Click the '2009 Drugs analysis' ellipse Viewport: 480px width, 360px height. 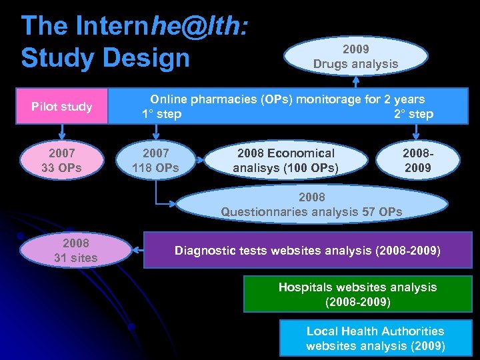click(x=355, y=57)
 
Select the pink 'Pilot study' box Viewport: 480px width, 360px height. click(x=62, y=107)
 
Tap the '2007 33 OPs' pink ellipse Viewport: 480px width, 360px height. click(x=61, y=161)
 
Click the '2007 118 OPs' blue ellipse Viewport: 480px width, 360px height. click(x=155, y=161)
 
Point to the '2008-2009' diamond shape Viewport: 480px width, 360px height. click(x=417, y=161)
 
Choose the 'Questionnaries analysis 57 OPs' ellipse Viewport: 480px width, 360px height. click(x=311, y=205)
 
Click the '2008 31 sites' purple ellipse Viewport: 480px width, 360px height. click(x=75, y=250)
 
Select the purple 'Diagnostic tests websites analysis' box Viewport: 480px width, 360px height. click(x=307, y=251)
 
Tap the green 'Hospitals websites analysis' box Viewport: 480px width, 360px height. click(x=357, y=294)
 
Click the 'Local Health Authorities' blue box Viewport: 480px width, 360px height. click(x=375, y=338)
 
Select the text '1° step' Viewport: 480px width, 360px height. click(x=161, y=114)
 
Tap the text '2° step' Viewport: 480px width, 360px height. click(x=413, y=114)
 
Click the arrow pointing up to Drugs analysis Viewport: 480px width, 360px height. click(x=356, y=81)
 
